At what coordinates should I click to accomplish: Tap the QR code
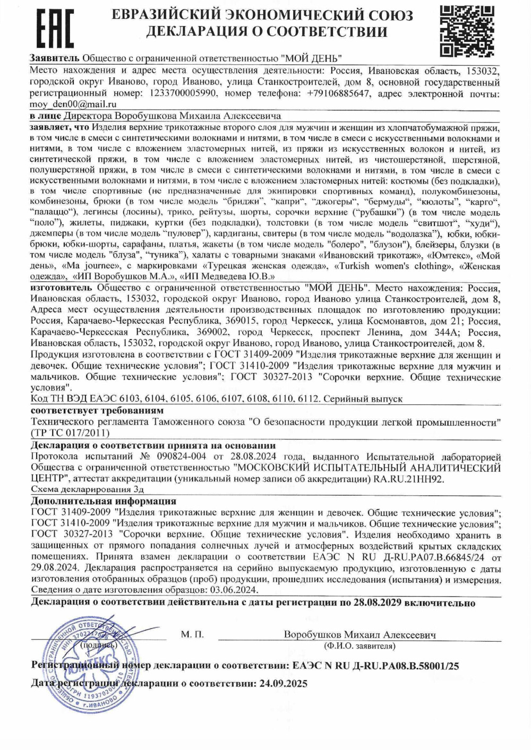tap(468, 30)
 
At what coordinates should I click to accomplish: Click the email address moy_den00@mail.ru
tap(73, 104)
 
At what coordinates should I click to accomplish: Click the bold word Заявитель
tap(55, 58)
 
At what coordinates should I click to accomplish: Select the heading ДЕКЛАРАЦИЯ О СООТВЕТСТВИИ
tap(267, 32)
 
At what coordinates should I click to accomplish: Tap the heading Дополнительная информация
tap(104, 501)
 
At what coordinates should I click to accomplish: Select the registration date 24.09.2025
tap(284, 684)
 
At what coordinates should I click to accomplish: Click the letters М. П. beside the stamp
tap(192, 634)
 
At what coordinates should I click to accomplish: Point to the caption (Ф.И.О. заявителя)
tap(359, 646)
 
